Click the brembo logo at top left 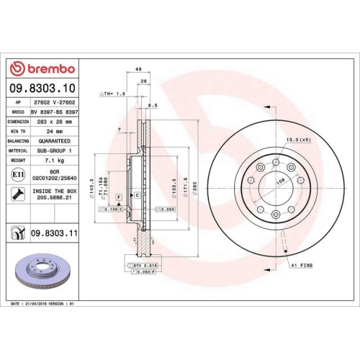tap(41, 68)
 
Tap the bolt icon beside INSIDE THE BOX tap(16, 192)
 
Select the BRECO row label tap(17, 112)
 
